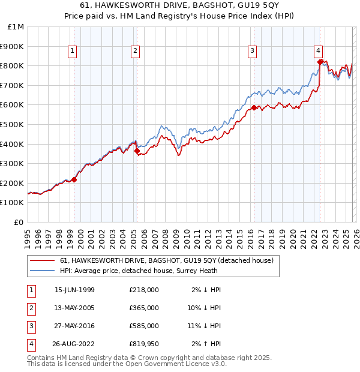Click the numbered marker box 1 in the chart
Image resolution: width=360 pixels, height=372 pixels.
[72, 51]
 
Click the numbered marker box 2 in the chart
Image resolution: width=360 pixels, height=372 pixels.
[136, 51]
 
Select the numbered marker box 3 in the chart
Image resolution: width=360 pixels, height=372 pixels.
[253, 51]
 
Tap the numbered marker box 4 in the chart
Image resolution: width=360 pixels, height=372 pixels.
[319, 51]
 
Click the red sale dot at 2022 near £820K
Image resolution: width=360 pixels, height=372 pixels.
[320, 61]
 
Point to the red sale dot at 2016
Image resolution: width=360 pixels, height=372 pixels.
[254, 107]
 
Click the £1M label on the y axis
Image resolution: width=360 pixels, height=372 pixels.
[16, 26]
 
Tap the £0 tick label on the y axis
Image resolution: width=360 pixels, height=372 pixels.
[19, 222]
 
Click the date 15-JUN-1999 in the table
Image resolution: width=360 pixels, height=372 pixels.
[74, 289]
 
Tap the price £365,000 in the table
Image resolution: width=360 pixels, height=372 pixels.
[143, 308]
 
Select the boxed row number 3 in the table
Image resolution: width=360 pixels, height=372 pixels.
[29, 326]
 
